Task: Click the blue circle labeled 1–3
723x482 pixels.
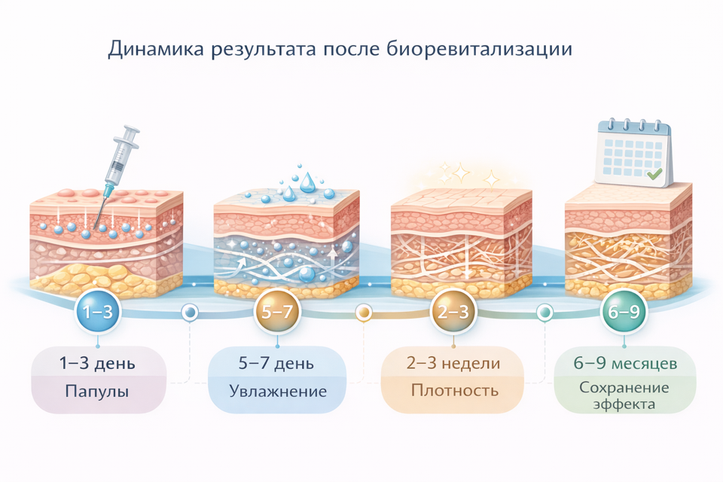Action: point(98,312)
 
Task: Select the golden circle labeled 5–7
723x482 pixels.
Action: point(276,312)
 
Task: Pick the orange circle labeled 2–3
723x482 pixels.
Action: point(453,312)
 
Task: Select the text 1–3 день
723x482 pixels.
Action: point(98,365)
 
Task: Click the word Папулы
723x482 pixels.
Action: point(98,392)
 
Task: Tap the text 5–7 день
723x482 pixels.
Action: point(276,365)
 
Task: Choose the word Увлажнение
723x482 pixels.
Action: point(277,392)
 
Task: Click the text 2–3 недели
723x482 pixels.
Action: point(453,365)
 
